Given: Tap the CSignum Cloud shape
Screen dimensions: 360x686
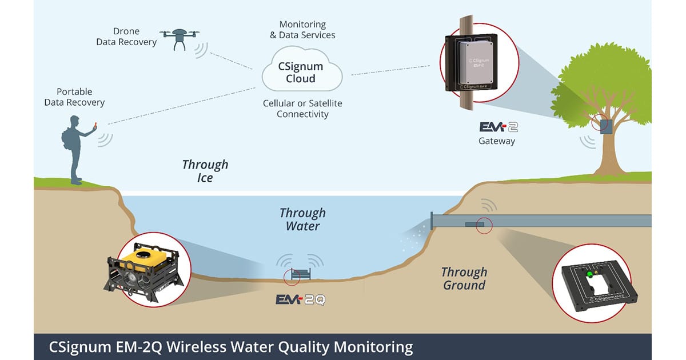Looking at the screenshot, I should pyautogui.click(x=301, y=72).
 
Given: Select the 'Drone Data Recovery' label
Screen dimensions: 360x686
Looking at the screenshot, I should pyautogui.click(x=126, y=37).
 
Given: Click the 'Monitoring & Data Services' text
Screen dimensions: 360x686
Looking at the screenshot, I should pyautogui.click(x=302, y=30).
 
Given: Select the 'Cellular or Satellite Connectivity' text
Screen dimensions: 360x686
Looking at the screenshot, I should pyautogui.click(x=302, y=109).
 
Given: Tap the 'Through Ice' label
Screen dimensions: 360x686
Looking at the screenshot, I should pyautogui.click(x=205, y=171).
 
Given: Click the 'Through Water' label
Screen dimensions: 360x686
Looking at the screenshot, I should pyautogui.click(x=302, y=219).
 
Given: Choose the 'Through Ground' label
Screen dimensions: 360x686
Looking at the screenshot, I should pyautogui.click(x=464, y=278).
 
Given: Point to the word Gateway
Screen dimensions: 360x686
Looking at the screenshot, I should pyautogui.click(x=497, y=141).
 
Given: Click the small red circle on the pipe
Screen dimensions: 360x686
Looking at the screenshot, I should pyautogui.click(x=484, y=226).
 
